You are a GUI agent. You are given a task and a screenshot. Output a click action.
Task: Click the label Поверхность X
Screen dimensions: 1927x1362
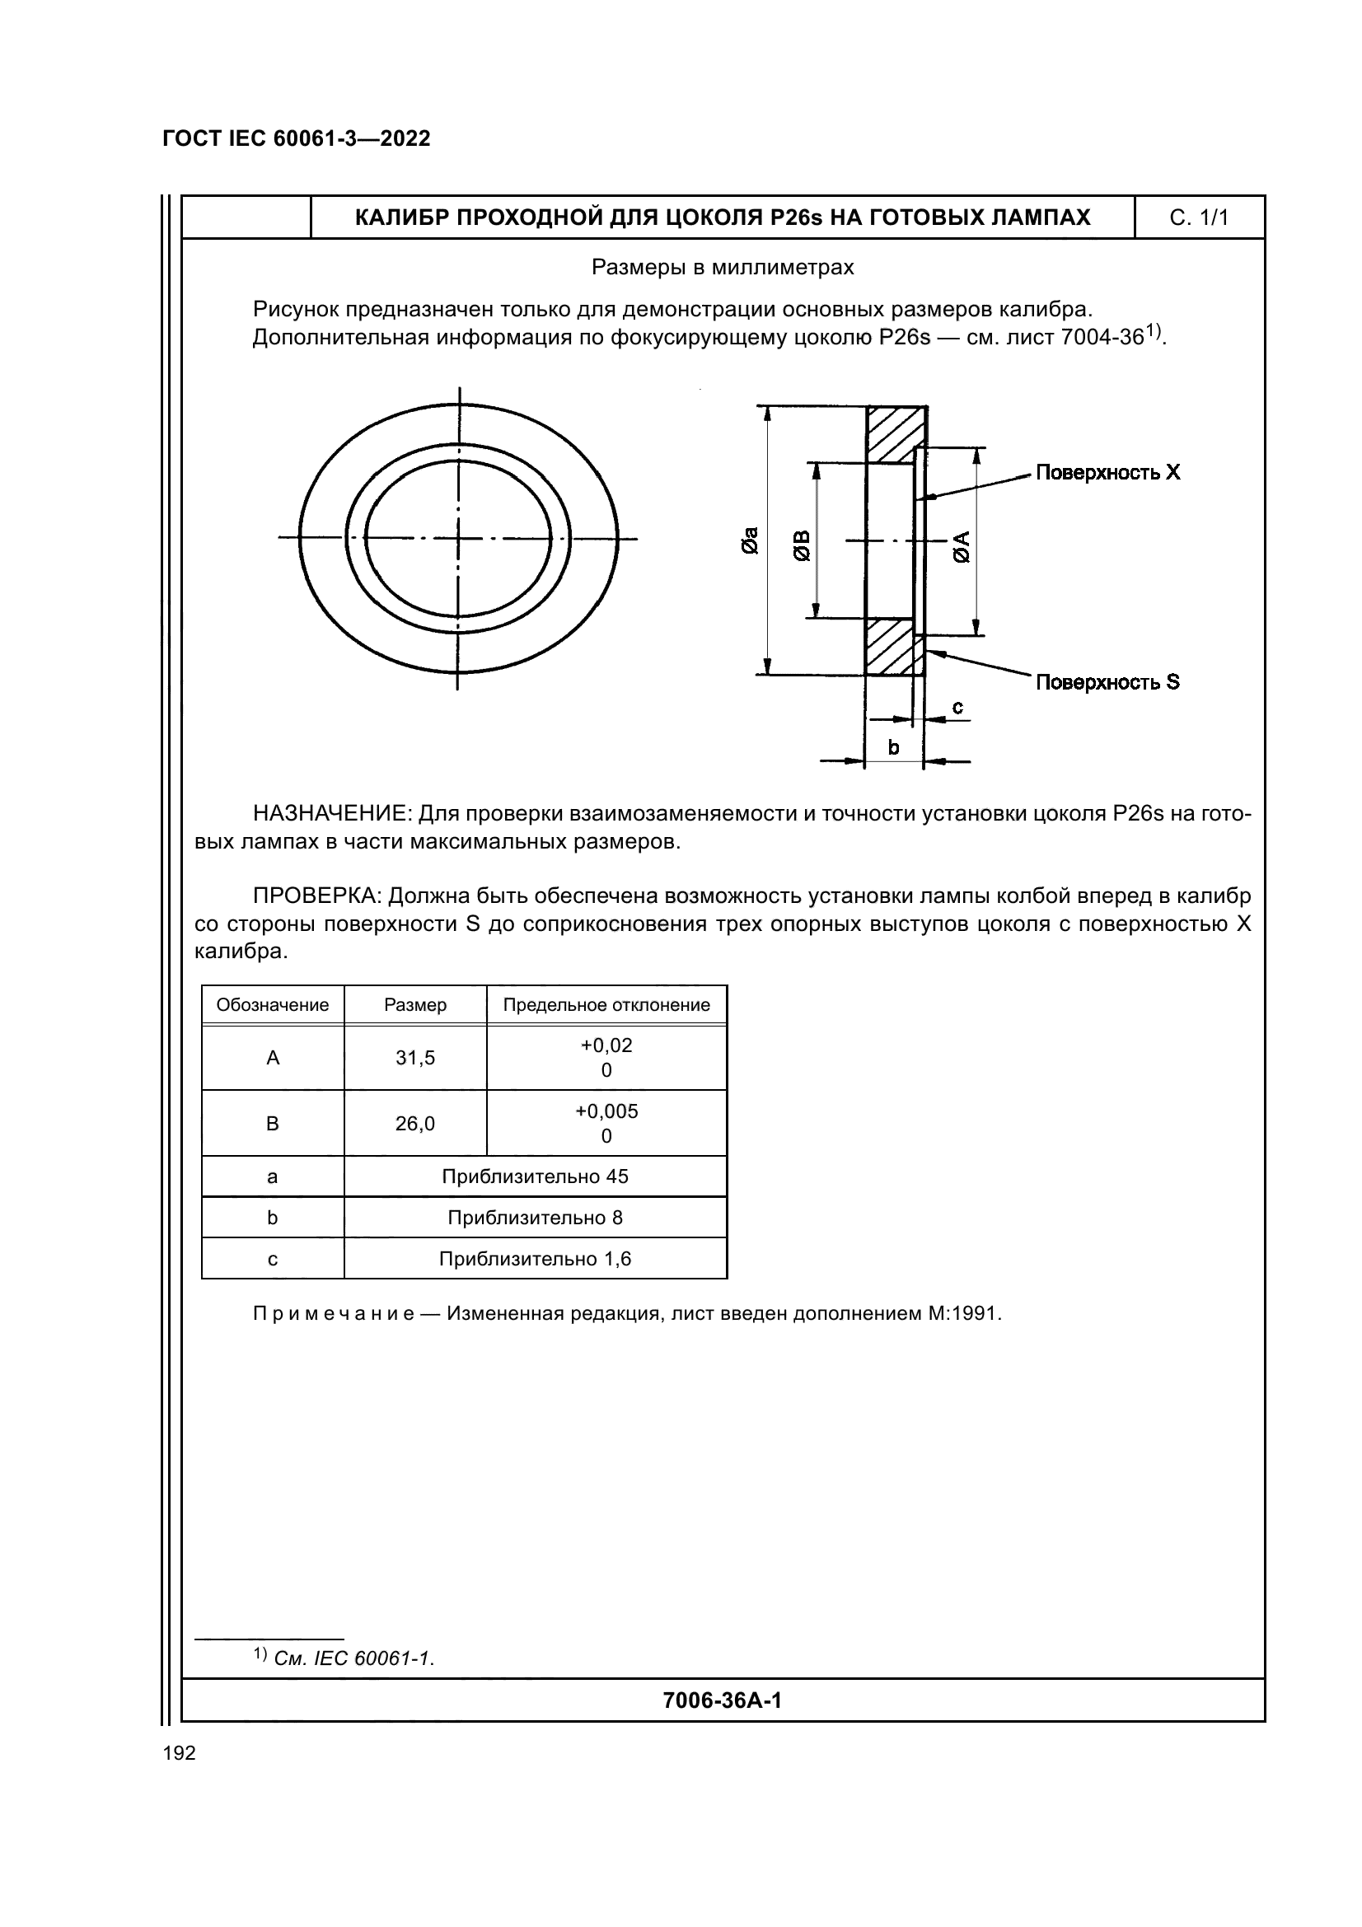(1107, 473)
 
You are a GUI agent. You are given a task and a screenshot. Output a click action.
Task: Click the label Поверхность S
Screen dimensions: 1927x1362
(1107, 682)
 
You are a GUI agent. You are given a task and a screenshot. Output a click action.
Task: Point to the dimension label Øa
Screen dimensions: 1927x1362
(750, 540)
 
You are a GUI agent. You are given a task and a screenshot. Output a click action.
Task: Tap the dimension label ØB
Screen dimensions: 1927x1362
(802, 545)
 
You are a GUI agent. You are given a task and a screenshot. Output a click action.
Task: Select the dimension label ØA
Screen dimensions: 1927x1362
(961, 546)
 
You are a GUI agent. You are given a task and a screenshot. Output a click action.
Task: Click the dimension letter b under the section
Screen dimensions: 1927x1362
(893, 747)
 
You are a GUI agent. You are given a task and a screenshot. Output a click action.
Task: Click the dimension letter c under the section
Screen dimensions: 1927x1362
(957, 708)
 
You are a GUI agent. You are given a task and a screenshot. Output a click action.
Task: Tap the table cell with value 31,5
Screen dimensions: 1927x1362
(415, 1058)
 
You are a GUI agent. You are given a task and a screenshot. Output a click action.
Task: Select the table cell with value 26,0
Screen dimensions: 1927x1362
(415, 1124)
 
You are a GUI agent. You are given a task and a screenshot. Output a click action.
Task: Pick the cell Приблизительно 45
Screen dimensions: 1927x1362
(535, 1176)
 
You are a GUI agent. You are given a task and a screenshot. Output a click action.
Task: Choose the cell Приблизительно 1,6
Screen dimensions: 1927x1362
(535, 1259)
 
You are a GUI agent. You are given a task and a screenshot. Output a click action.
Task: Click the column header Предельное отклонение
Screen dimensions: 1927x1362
(606, 1004)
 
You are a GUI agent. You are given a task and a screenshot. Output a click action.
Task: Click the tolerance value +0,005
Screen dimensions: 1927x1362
(606, 1111)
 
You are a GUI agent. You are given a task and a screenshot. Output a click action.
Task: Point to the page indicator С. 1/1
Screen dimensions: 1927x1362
(1198, 218)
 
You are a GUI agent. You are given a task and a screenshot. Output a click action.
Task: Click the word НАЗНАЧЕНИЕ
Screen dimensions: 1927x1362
(331, 813)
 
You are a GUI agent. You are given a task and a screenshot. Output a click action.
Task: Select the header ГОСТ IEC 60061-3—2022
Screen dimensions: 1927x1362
(297, 138)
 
